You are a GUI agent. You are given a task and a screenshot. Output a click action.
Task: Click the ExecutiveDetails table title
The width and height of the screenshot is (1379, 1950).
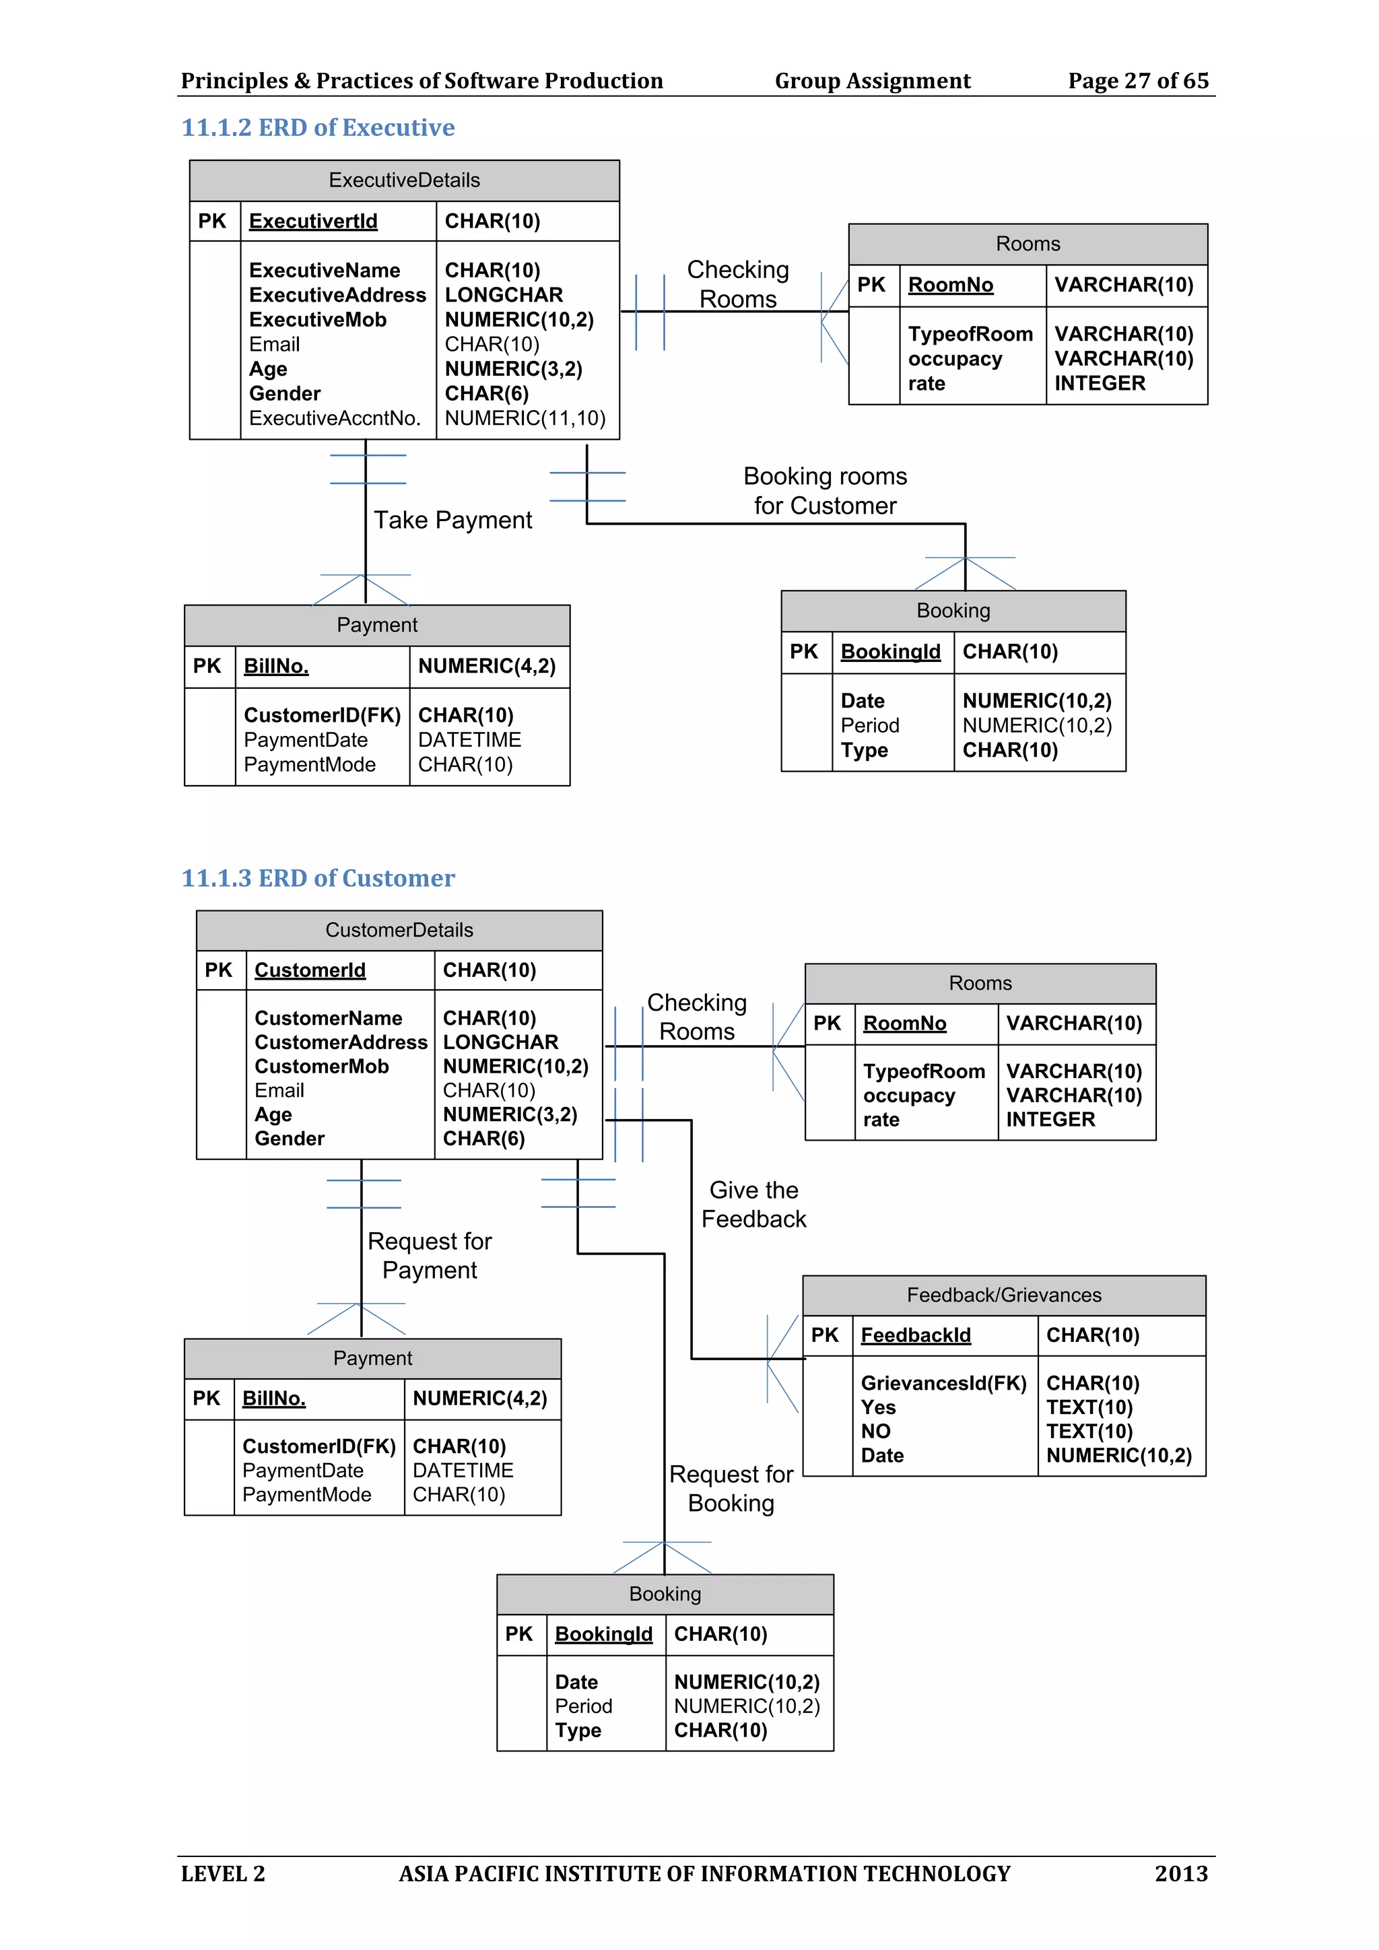[x=404, y=180]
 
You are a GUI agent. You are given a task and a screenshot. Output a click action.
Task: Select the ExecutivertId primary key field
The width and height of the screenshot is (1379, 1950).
[x=312, y=221]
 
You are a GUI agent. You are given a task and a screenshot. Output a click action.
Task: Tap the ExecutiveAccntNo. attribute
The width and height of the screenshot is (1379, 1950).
[x=335, y=418]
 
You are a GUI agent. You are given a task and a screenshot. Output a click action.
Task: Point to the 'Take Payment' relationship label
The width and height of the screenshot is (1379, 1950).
[x=452, y=520]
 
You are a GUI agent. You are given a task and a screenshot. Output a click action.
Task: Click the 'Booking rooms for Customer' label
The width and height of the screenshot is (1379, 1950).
[x=825, y=491]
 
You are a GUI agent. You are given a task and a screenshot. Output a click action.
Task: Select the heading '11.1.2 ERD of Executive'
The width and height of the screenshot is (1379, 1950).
[x=318, y=127]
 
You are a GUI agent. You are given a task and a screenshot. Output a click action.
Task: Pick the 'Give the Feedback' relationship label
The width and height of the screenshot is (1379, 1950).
[x=753, y=1205]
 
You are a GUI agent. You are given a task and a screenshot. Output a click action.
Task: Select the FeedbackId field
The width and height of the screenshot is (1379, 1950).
[x=915, y=1335]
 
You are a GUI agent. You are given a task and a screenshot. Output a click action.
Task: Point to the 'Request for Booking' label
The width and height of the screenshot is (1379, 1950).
[x=731, y=1488]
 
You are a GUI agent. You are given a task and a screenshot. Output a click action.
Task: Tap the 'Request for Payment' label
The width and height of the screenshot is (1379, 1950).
[x=430, y=1255]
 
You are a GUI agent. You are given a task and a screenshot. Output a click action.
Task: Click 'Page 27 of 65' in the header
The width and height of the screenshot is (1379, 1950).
[x=1138, y=81]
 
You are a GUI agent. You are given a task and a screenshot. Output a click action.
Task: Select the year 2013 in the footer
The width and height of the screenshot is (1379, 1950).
[x=1180, y=1873]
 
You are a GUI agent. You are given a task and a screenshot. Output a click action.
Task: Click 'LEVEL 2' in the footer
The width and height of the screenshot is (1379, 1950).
[x=222, y=1873]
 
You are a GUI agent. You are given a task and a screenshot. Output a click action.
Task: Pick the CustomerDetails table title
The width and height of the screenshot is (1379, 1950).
[x=399, y=930]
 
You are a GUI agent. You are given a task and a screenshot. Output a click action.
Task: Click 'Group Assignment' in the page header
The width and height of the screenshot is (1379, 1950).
[x=872, y=81]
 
